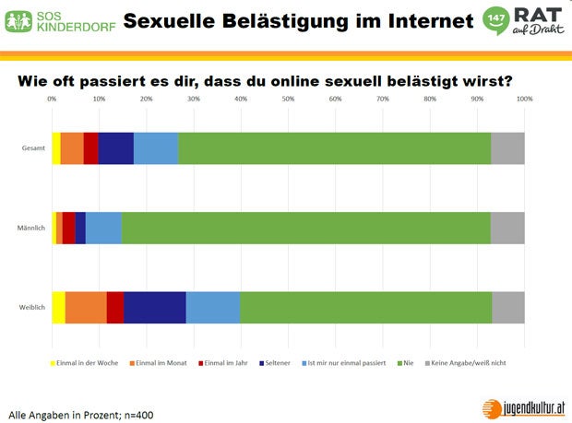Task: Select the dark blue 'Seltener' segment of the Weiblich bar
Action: pos(155,307)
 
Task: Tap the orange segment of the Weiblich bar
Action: pos(86,307)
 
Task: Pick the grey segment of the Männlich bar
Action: pos(507,228)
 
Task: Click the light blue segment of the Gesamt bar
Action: pos(156,147)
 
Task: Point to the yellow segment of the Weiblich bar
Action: pos(58,307)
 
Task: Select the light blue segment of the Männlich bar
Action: pos(103,228)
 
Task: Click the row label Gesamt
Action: pos(34,147)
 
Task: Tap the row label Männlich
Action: pos(32,228)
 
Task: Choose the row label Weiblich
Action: pos(32,307)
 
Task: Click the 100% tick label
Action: pos(524,99)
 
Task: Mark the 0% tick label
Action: pos(52,99)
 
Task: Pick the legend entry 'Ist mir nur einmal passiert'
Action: pos(350,363)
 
